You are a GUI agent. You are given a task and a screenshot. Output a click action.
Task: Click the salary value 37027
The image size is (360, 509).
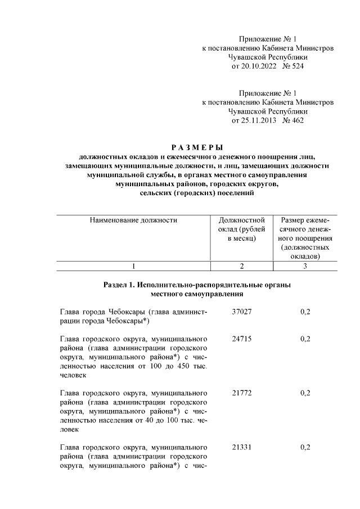pyautogui.click(x=241, y=312)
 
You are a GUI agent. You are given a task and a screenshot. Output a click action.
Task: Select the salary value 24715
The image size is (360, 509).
pyautogui.click(x=241, y=339)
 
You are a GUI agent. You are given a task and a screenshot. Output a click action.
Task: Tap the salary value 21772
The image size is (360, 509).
pyautogui.click(x=241, y=393)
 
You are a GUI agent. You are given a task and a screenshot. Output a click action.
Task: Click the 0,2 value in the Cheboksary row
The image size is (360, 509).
pyautogui.click(x=305, y=312)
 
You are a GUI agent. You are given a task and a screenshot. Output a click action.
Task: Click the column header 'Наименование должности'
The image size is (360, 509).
pyautogui.click(x=133, y=220)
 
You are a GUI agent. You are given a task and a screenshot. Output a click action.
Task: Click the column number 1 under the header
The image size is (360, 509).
pyautogui.click(x=133, y=267)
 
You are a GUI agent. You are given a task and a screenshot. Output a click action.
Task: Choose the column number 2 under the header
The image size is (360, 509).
pyautogui.click(x=241, y=267)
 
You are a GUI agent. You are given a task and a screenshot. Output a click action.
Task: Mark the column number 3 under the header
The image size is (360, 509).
pyautogui.click(x=305, y=267)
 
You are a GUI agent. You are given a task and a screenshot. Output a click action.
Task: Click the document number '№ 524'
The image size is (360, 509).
pyautogui.click(x=292, y=66)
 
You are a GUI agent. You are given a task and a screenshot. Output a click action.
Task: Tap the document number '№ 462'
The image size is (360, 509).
pyautogui.click(x=292, y=120)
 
